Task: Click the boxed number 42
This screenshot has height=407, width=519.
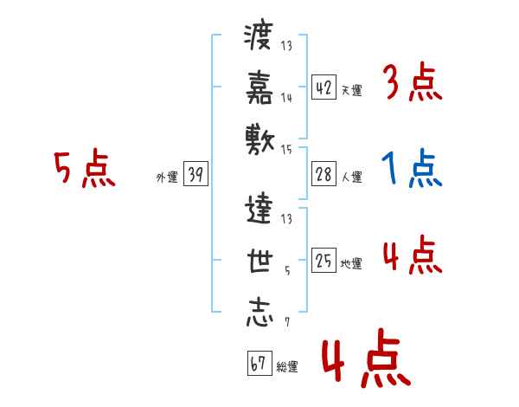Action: click(324, 87)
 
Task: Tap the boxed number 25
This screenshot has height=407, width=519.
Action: click(324, 262)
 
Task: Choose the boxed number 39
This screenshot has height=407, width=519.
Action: click(195, 176)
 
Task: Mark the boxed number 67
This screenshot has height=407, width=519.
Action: click(258, 364)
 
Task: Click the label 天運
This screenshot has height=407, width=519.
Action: click(351, 90)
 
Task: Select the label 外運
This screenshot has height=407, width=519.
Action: click(167, 178)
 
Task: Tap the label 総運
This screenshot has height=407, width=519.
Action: click(287, 366)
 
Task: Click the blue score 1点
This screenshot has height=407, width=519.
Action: click(412, 170)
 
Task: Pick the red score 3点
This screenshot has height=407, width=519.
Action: click(412, 84)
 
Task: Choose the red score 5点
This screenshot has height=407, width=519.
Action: click(84, 169)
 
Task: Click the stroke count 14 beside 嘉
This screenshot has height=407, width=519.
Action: click(286, 98)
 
